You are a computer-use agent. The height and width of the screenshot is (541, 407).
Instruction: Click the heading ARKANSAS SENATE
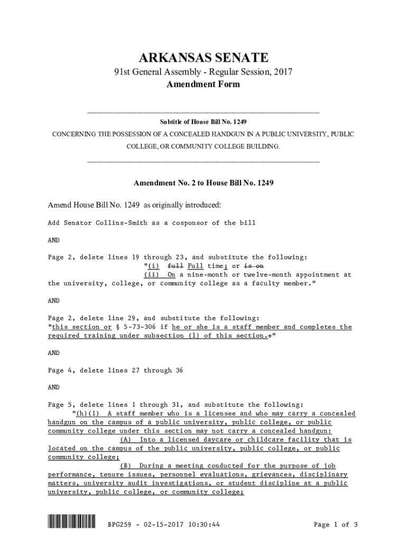[x=203, y=58]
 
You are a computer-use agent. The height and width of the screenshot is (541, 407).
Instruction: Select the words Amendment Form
[x=203, y=85]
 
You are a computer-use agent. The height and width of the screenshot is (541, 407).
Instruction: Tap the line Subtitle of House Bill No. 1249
[x=203, y=122]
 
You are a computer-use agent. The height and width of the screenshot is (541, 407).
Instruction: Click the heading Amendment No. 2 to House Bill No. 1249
[x=203, y=184]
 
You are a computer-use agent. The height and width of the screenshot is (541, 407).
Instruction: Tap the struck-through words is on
[x=255, y=266]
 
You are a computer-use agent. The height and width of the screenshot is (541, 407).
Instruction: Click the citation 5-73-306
[x=139, y=327]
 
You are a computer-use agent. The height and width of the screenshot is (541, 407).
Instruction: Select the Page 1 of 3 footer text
[x=336, y=525]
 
